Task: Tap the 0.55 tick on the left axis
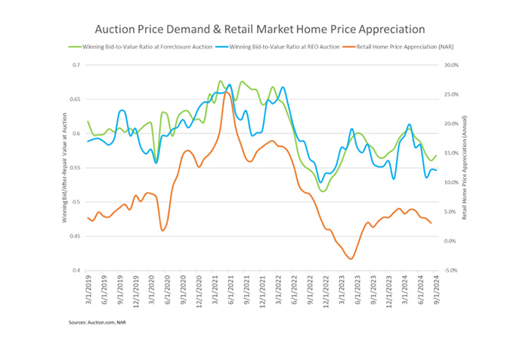click(73, 168)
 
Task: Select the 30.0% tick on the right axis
click(452, 65)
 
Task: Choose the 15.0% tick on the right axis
click(452, 154)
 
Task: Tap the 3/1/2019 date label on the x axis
click(88, 289)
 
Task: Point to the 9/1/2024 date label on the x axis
click(436, 289)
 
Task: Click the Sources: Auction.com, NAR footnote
click(97, 321)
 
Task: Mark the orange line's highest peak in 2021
click(225, 92)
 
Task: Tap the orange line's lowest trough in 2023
click(351, 259)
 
